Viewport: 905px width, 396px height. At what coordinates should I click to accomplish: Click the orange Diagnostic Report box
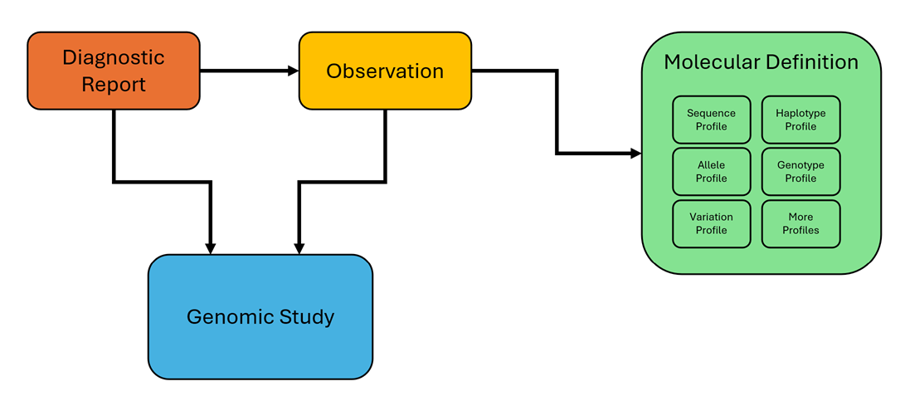pos(114,71)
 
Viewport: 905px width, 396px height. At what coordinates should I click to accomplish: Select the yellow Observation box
pos(385,71)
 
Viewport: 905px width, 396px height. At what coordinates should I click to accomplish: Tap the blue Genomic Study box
pos(260,316)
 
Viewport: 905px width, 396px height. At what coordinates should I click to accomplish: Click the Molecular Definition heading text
pos(761,62)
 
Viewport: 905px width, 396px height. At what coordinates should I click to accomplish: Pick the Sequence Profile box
pos(711,120)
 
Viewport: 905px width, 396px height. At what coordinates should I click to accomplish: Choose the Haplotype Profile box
pos(800,120)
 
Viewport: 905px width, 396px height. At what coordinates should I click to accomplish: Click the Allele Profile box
pos(711,172)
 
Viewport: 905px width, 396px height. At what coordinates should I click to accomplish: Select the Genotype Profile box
pos(800,172)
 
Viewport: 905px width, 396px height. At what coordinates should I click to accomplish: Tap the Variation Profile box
pos(711,223)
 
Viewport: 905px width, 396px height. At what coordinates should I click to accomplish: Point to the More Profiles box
pos(800,223)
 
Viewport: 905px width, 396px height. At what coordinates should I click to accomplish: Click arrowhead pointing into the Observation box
pos(293,71)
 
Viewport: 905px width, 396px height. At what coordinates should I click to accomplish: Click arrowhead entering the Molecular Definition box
pos(635,154)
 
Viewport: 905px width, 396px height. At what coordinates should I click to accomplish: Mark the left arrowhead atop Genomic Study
pos(211,247)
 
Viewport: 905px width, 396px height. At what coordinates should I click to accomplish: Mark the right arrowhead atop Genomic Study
pos(299,247)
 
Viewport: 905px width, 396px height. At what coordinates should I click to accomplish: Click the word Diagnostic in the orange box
pos(114,57)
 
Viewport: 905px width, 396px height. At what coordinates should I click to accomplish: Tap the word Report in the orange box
pos(114,84)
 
